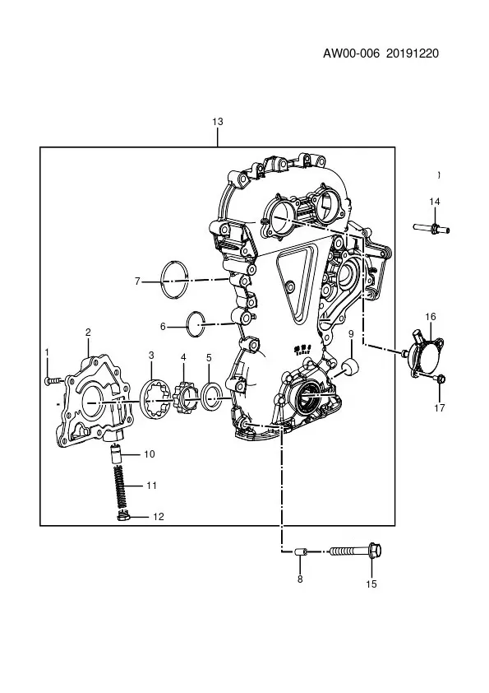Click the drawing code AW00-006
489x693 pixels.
(x=351, y=53)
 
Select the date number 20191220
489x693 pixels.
(x=413, y=53)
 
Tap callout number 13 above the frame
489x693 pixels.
(x=218, y=122)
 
